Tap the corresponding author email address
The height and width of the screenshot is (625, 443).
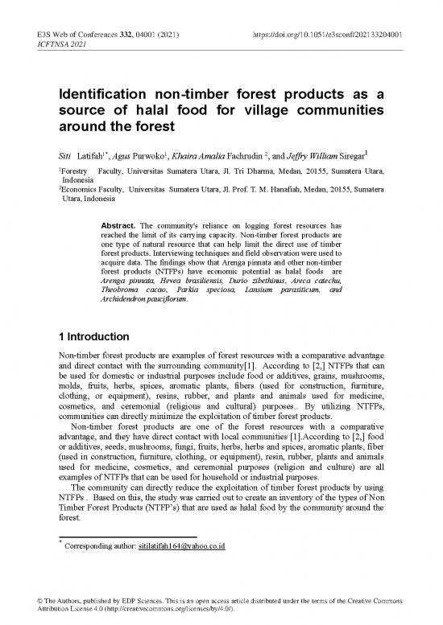coord(176,547)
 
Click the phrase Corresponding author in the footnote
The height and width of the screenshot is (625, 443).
coord(91,547)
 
